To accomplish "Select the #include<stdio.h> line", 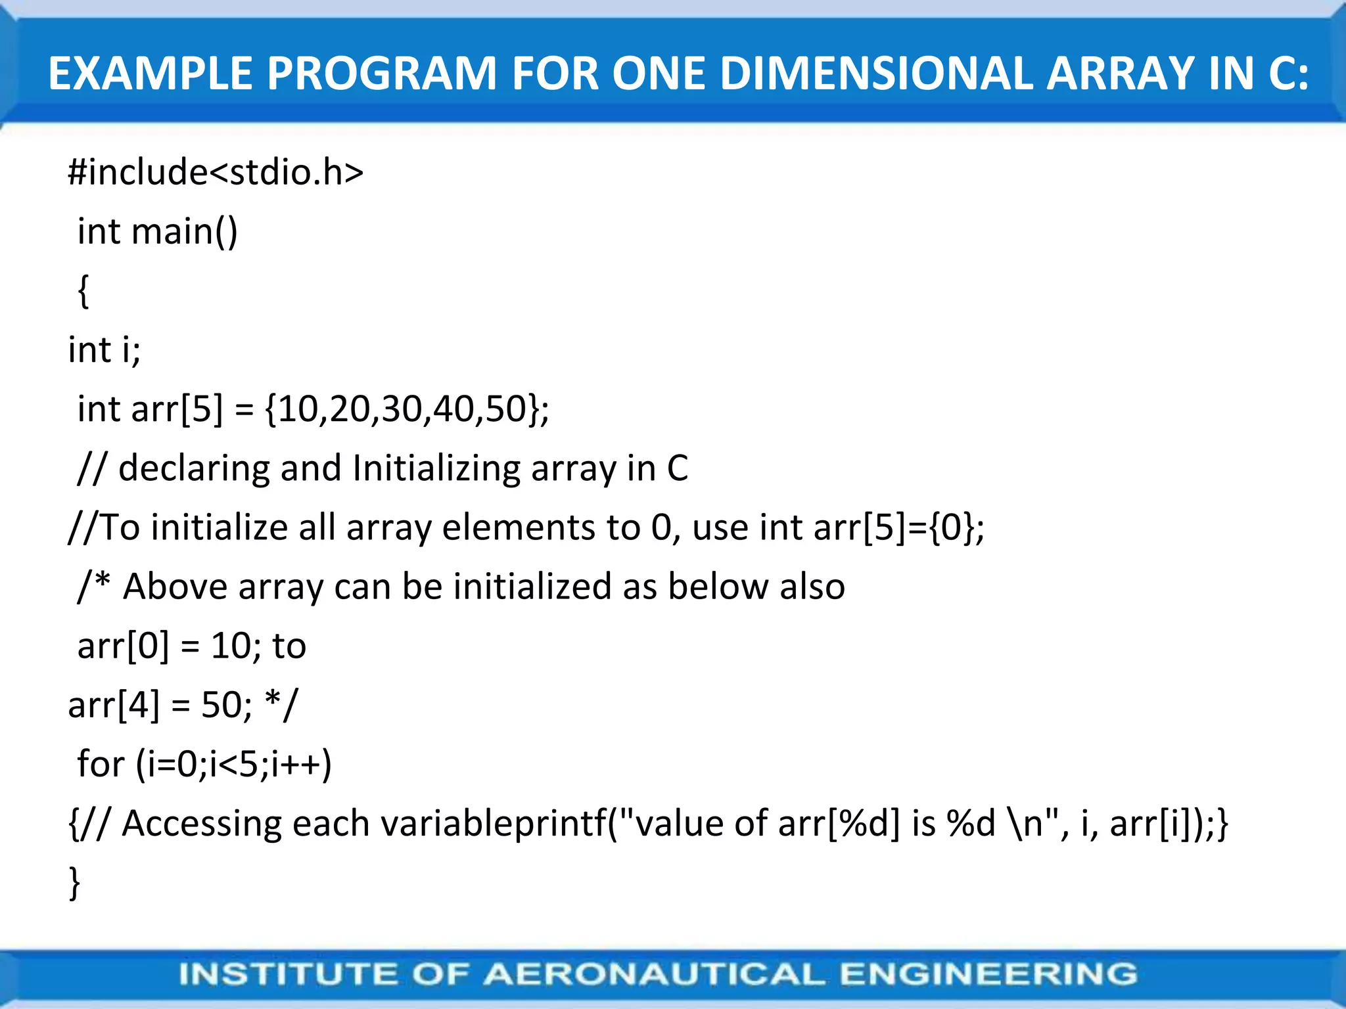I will pyautogui.click(x=216, y=173).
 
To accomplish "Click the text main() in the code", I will pyautogui.click(x=185, y=232).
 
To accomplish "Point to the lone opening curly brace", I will pyautogui.click(x=83, y=290).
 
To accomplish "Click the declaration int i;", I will pyautogui.click(x=104, y=349).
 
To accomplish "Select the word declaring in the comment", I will pyautogui.click(x=193, y=469).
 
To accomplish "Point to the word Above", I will pyautogui.click(x=175, y=587).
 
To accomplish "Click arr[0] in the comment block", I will pyautogui.click(x=123, y=646).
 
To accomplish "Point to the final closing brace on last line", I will pyautogui.click(x=74, y=882).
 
